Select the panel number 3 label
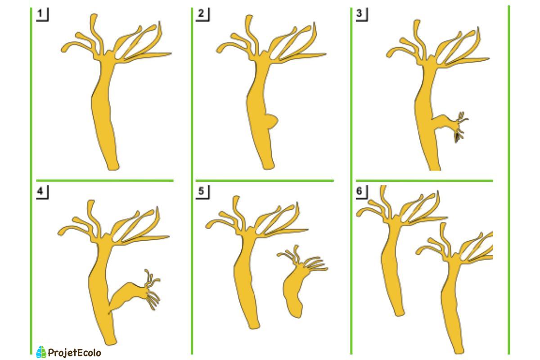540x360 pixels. (x=360, y=14)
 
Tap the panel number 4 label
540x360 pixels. (x=41, y=192)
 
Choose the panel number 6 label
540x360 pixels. (x=360, y=192)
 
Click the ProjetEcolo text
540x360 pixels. (x=74, y=353)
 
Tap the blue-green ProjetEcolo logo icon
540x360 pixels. (x=41, y=352)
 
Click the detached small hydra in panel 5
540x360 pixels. (x=297, y=288)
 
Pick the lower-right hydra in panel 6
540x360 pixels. (x=452, y=292)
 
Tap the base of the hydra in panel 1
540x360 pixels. (x=112, y=166)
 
